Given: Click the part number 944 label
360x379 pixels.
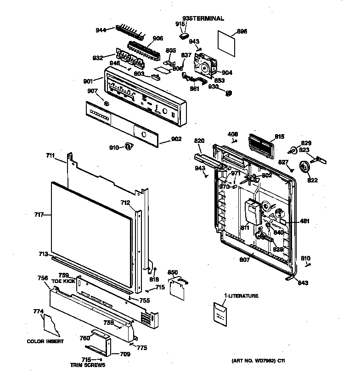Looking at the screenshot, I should (101, 30).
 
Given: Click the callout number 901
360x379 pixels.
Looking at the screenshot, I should (88, 81).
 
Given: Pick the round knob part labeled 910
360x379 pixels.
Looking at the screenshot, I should (129, 146).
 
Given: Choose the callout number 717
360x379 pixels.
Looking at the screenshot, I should (39, 214).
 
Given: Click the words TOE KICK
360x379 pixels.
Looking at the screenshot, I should (63, 281).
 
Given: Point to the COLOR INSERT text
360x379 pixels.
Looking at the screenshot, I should (45, 341).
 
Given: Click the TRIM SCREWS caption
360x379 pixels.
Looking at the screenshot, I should (87, 365).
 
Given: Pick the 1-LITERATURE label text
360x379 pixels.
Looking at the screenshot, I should (241, 296).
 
